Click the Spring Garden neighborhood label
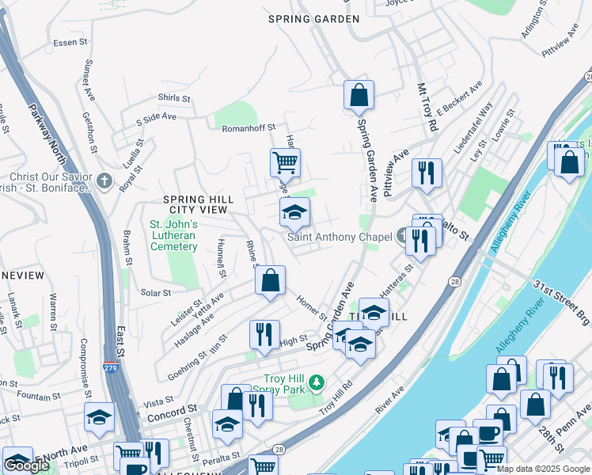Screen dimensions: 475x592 click(313, 19)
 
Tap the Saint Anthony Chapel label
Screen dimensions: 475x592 click(340, 237)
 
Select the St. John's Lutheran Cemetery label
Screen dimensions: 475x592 click(173, 235)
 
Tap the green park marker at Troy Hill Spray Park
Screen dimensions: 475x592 click(317, 383)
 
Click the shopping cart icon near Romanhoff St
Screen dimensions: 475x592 click(285, 163)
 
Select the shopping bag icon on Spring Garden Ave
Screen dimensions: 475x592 click(359, 95)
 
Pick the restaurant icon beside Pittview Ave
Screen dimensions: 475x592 click(427, 173)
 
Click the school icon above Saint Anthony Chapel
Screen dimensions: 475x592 click(294, 212)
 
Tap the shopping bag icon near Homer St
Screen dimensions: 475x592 click(270, 280)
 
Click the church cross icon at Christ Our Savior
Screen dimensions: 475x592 click(104, 181)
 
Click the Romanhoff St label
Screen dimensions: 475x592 click(248, 127)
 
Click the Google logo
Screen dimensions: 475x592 click(27, 465)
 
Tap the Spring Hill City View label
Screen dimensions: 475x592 click(195, 204)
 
